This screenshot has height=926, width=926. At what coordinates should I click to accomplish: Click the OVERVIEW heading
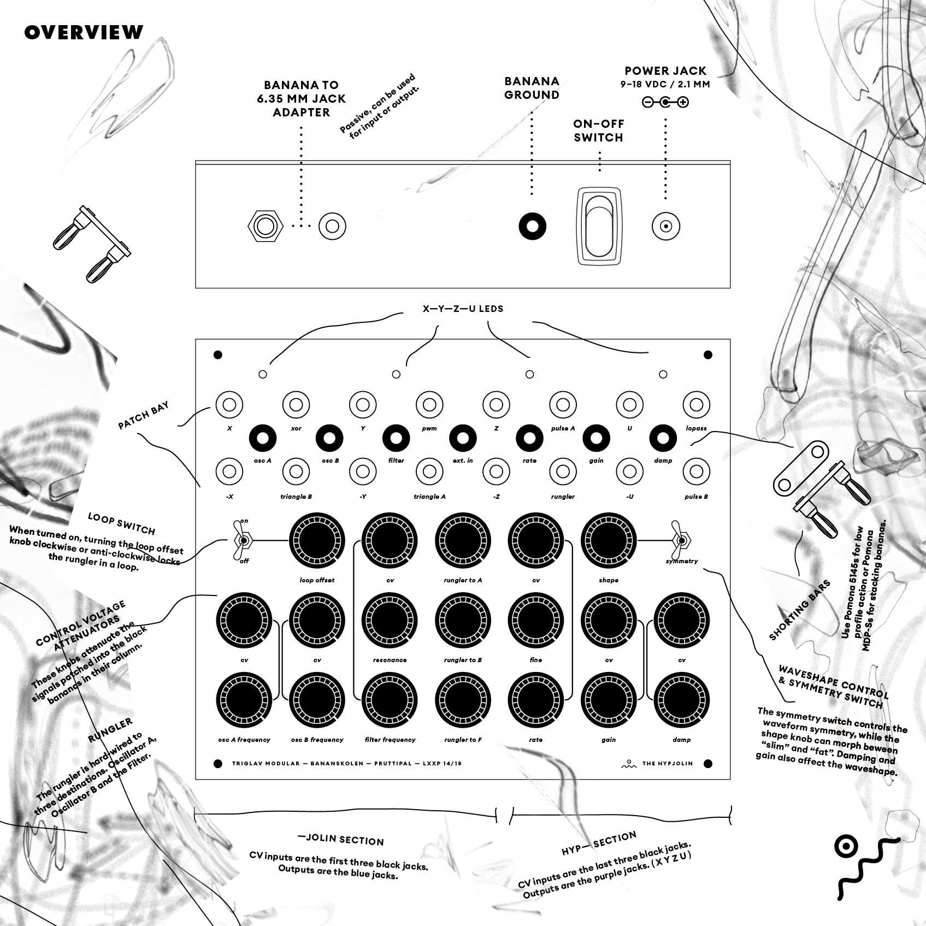click(84, 32)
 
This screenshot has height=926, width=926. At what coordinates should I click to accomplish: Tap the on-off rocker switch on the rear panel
click(599, 226)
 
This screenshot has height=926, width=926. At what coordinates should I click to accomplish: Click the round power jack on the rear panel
click(666, 226)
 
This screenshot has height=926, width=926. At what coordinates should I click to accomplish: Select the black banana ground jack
click(532, 226)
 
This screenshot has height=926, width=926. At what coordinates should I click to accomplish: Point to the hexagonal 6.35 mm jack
click(266, 226)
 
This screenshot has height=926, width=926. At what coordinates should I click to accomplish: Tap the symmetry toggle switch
click(681, 541)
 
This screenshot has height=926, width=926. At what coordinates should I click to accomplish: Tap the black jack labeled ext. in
click(462, 438)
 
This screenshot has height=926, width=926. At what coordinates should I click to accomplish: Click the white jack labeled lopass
click(696, 405)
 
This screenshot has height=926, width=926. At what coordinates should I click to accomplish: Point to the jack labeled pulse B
click(696, 471)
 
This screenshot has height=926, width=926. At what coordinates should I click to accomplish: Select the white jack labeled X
click(229, 405)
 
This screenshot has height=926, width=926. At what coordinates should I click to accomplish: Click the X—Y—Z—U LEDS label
click(463, 309)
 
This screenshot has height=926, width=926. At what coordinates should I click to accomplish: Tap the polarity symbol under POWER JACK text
click(665, 102)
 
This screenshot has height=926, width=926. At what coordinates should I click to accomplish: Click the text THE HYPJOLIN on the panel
click(667, 763)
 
